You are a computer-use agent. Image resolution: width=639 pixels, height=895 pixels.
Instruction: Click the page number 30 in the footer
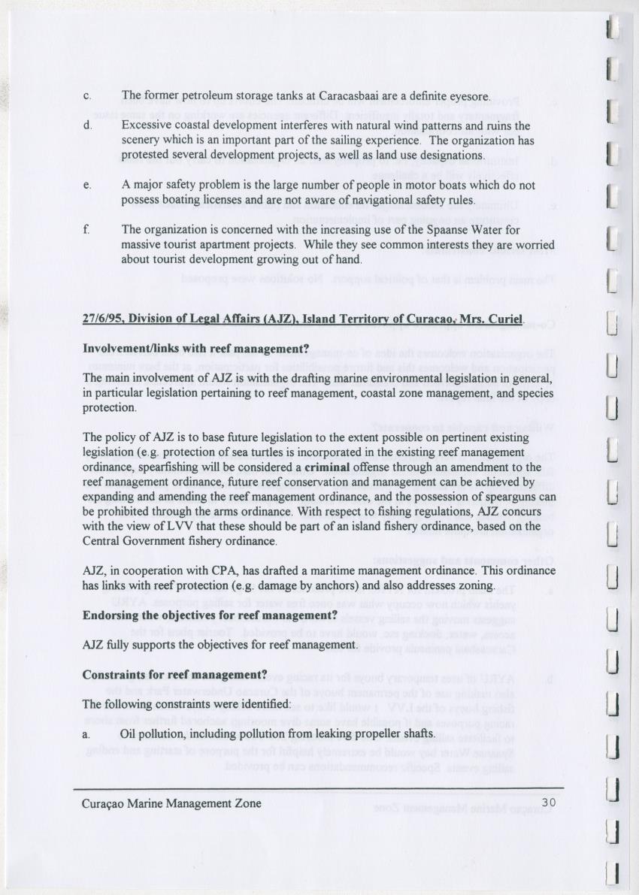coord(548,803)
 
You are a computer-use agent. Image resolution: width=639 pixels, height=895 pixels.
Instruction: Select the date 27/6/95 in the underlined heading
coord(103,319)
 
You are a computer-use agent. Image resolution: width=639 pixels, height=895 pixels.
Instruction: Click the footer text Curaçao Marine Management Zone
coord(172,803)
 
